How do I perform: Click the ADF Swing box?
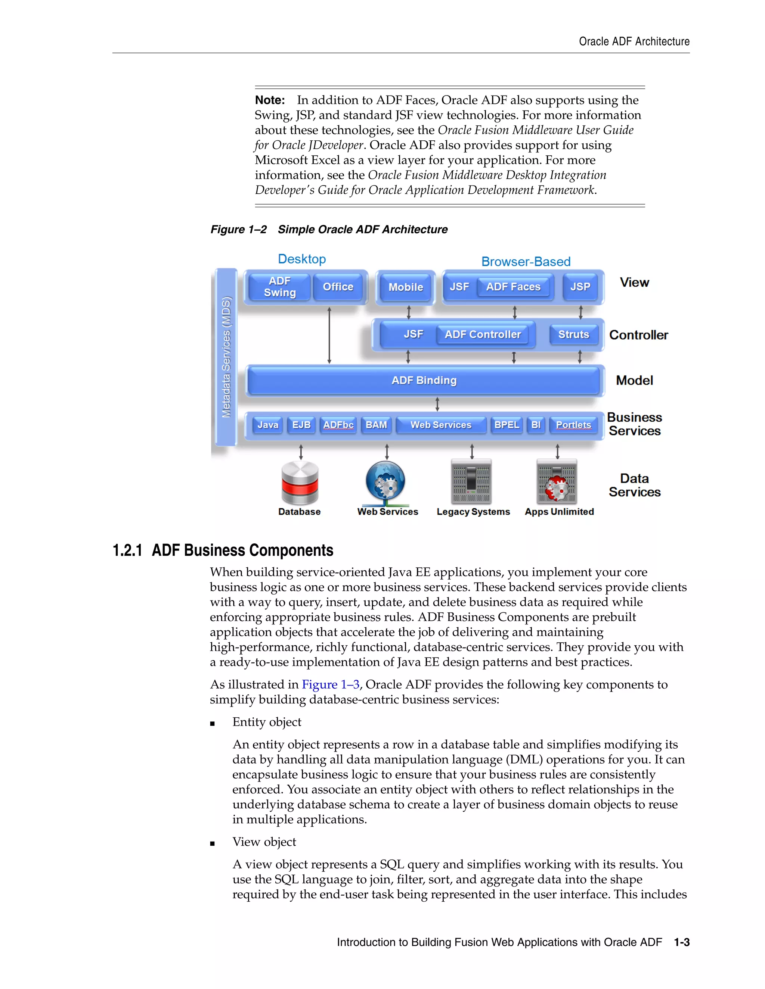[x=280, y=287]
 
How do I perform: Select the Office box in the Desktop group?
[x=338, y=287]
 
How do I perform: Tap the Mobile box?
[x=406, y=287]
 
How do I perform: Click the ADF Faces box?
[x=514, y=287]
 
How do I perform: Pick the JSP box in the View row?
[x=580, y=287]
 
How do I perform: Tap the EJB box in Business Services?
[x=301, y=425]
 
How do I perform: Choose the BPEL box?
[x=506, y=425]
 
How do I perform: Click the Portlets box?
[x=573, y=425]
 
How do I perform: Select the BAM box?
[x=376, y=425]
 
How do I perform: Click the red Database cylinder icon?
[x=300, y=483]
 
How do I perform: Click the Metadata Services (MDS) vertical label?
[x=226, y=357]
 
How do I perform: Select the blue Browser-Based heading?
[x=526, y=262]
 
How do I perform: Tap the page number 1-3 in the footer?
[x=682, y=942]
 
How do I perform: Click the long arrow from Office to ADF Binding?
[x=329, y=335]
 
